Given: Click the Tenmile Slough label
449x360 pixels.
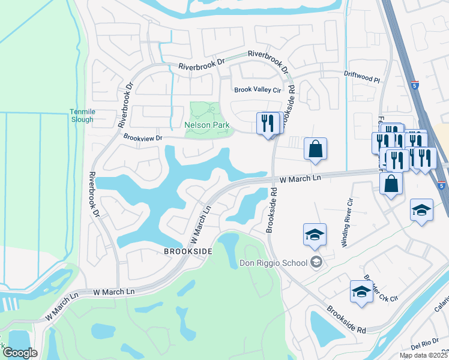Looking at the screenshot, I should (82, 115).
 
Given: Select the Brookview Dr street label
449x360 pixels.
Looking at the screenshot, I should (143, 137).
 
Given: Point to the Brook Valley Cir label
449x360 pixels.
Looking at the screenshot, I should (258, 89).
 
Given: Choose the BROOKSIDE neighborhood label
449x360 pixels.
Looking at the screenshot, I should (188, 253).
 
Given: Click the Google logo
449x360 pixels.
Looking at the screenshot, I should (20, 353).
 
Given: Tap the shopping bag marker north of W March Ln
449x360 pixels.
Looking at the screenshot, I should (315, 148).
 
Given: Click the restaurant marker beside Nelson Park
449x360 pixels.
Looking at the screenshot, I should (267, 124).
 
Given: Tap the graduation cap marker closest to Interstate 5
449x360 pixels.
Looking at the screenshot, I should (421, 210).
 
